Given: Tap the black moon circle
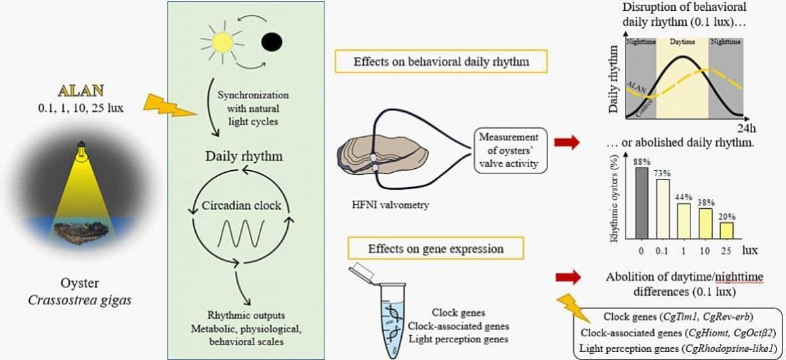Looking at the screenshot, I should click(271, 42).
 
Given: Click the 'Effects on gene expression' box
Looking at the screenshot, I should click(436, 249).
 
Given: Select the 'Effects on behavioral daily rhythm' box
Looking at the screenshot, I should click(440, 62).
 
